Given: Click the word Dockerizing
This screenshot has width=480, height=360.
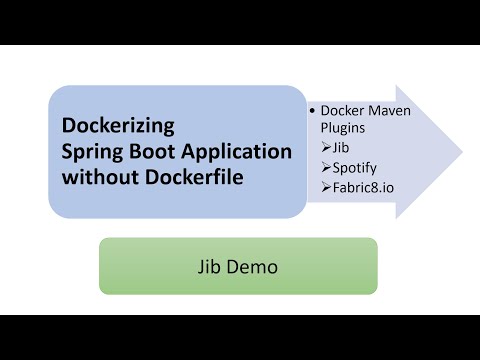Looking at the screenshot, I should [x=118, y=127].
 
